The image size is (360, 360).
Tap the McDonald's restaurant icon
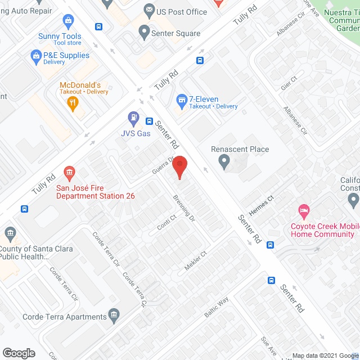(72, 102)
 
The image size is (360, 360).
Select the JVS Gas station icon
(134, 118)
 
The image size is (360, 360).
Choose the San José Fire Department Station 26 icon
(70, 171)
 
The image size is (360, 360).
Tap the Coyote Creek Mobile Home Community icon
(304, 211)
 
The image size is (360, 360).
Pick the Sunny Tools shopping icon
(68, 22)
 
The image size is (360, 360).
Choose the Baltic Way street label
(217, 307)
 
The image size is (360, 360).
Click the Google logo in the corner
(18, 353)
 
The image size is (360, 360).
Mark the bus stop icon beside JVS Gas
(150, 121)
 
